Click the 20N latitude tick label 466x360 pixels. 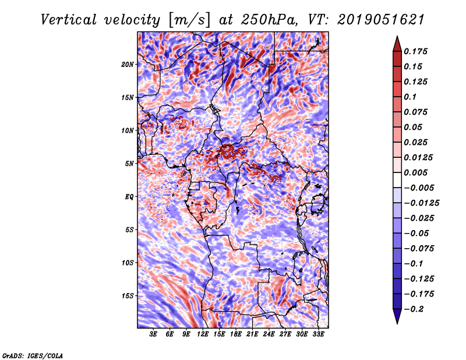(x=128, y=65)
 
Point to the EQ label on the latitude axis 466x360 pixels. (x=129, y=197)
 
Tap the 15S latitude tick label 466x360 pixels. (x=128, y=296)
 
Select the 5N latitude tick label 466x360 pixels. (x=129, y=164)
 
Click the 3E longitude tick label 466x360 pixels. (x=153, y=334)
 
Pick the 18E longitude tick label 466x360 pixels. (x=236, y=334)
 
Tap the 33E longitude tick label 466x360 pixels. (x=318, y=334)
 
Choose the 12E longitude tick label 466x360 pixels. (x=203, y=334)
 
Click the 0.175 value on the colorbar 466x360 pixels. (x=415, y=51)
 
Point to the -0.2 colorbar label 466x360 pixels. (x=414, y=309)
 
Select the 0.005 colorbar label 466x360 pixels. (x=415, y=172)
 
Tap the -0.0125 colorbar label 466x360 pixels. (x=421, y=203)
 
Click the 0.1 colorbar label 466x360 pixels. (x=410, y=97)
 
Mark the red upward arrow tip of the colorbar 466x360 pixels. (x=397, y=36)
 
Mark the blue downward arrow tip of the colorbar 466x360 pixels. (x=397, y=323)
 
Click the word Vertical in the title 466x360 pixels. (x=69, y=20)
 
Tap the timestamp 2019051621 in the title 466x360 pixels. (x=381, y=20)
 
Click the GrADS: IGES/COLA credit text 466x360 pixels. (x=33, y=355)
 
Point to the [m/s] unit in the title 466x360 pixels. (x=189, y=20)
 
